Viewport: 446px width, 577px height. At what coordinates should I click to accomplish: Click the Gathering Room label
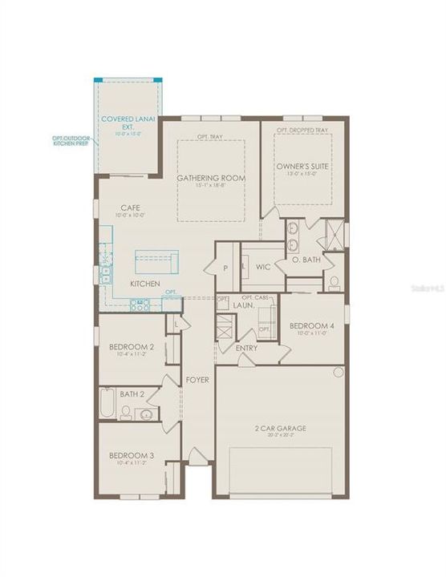coord(211,177)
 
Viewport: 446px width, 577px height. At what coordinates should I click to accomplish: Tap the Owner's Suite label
coord(303,167)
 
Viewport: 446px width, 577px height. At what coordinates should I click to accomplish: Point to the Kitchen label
coord(145,284)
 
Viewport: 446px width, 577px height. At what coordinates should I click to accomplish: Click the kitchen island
coord(156,261)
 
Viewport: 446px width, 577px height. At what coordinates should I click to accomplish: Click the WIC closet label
coord(262,265)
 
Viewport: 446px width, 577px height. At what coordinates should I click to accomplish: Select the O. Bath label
coord(306,260)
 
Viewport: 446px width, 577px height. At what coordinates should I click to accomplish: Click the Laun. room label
coord(243,305)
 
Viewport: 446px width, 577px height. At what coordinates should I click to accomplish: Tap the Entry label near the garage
coord(246,348)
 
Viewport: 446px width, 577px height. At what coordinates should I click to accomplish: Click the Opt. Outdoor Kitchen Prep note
coord(71,141)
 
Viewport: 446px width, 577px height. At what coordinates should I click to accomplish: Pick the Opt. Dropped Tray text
coord(302,130)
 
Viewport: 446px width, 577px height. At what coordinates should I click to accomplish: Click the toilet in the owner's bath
coord(333,282)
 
